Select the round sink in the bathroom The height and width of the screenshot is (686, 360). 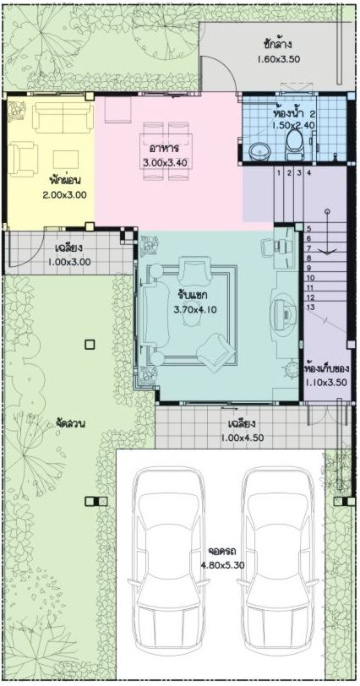[259, 151]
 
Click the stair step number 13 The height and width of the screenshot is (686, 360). [310, 308]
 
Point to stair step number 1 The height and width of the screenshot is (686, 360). [278, 173]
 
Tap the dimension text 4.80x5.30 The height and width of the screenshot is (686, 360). [222, 565]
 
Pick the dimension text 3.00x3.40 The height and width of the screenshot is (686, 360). [165, 163]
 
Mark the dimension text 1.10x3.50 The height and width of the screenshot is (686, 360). [326, 382]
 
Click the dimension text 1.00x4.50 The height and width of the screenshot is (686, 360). [242, 438]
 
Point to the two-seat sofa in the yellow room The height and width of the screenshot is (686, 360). [63, 117]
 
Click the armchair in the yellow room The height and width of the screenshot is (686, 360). [22, 159]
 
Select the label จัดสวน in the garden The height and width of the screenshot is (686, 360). [70, 423]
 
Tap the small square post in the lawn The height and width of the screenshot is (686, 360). [90, 345]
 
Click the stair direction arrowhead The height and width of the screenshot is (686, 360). [327, 251]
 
